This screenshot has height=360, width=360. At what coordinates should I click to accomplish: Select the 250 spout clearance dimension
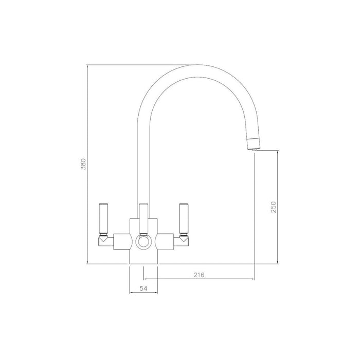click(x=274, y=207)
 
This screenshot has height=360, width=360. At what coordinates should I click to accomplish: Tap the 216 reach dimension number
click(x=199, y=275)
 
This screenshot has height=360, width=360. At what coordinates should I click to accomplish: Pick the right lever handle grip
click(x=183, y=219)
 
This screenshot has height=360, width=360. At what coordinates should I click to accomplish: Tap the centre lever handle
click(x=143, y=215)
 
